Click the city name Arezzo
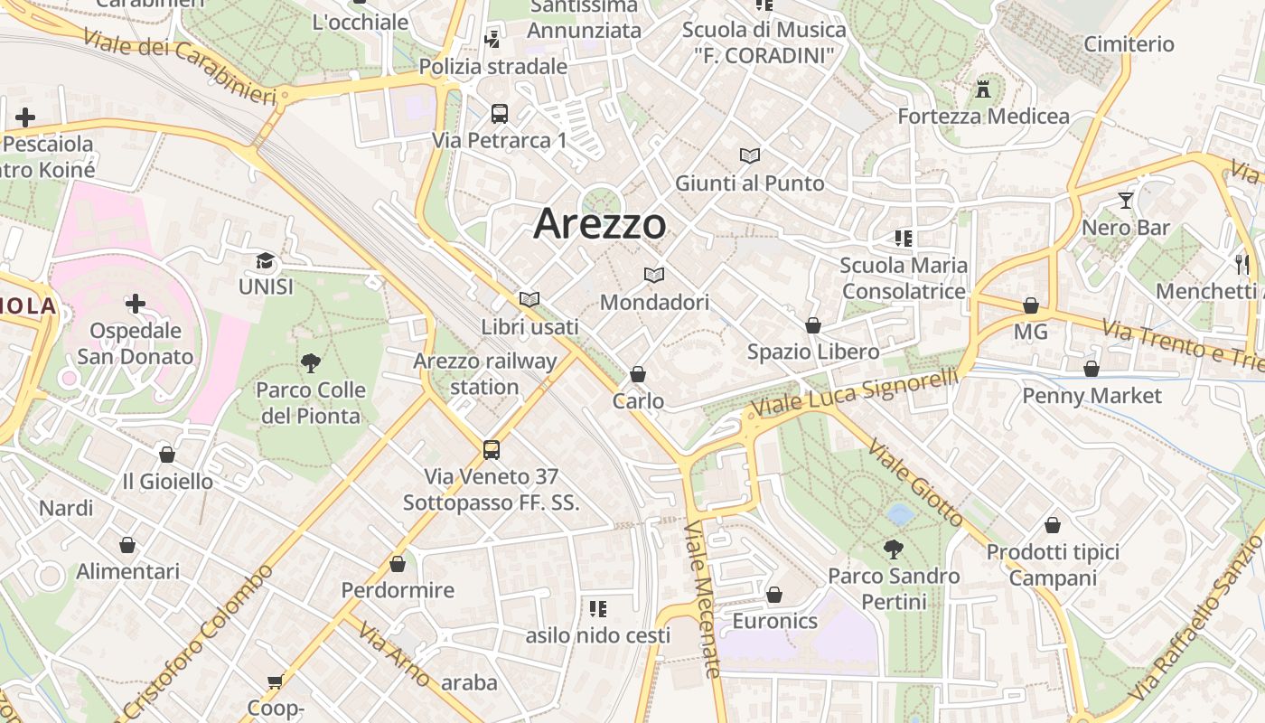point(600,223)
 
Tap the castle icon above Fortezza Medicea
point(983,89)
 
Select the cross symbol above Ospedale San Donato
point(136,304)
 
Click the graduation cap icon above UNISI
point(265,261)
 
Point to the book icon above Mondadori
point(654,275)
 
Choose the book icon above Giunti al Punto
point(750,155)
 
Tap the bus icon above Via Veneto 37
point(492,449)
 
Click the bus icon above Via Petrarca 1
point(500,114)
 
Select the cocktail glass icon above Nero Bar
point(1125,201)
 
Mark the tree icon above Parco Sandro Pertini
point(893,549)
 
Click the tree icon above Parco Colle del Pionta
point(310,363)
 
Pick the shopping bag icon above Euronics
point(774,595)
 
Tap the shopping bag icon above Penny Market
point(1092,369)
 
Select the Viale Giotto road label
point(915,483)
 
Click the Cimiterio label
point(1129,44)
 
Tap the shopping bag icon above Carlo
point(638,374)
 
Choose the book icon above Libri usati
point(529,299)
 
